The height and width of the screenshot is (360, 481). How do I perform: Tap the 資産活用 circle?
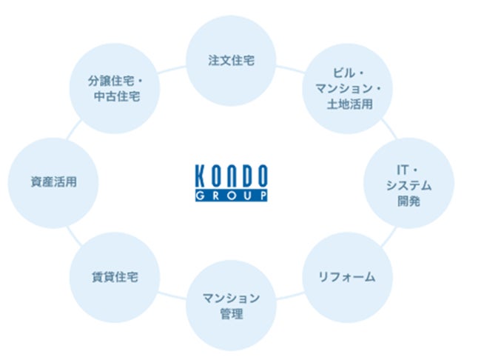[x=53, y=181]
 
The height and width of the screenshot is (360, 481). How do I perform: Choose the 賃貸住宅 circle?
[x=115, y=277]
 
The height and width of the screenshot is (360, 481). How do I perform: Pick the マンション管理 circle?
[x=231, y=305]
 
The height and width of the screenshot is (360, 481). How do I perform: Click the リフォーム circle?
[x=346, y=277]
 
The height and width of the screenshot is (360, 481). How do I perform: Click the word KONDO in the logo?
[x=232, y=178]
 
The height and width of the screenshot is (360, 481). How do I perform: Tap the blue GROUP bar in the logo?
[x=232, y=196]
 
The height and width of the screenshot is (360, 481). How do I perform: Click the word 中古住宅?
[x=116, y=96]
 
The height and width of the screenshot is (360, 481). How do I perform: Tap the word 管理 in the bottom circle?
[x=231, y=313]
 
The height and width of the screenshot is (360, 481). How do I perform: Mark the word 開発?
[x=408, y=200]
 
